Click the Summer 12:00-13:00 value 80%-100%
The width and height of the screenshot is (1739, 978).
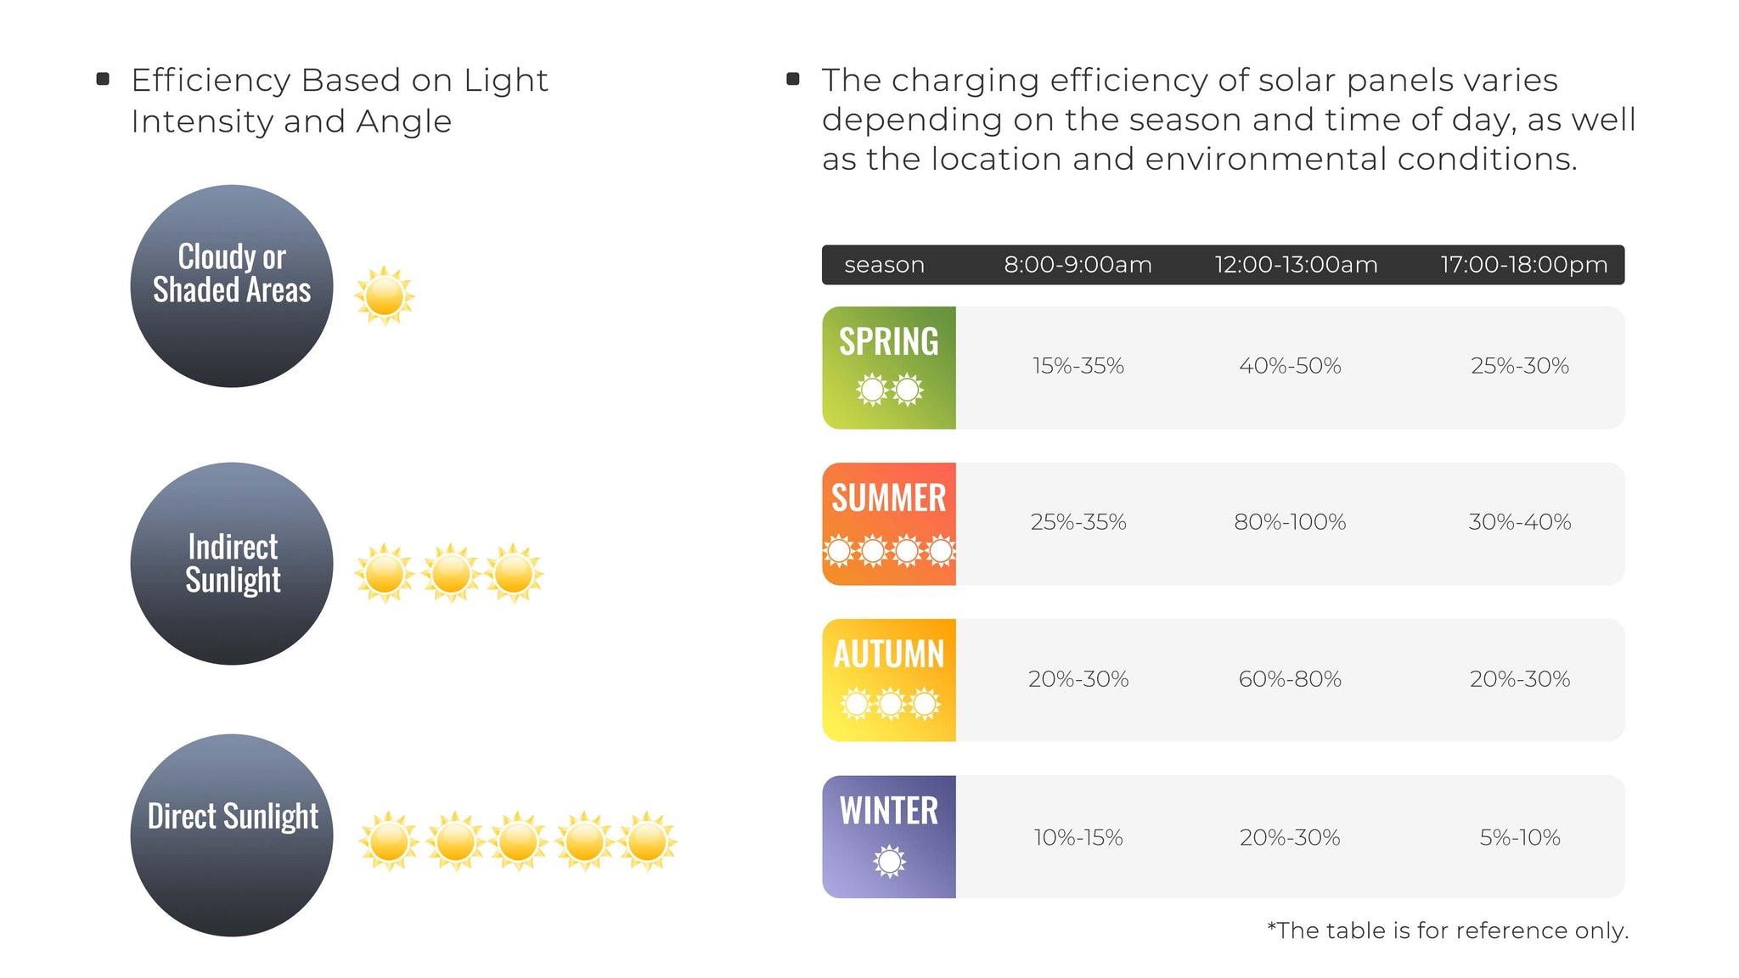1290,522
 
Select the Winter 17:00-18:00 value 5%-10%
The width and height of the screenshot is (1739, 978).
1520,838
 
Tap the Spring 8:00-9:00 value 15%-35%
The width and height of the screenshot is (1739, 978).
1078,366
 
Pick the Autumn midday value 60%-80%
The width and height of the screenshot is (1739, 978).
1290,679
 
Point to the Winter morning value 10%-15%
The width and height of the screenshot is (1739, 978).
1078,838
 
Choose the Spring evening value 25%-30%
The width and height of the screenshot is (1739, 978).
1519,366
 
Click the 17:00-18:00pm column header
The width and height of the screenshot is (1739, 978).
1523,265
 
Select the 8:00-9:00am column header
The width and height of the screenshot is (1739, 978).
1078,265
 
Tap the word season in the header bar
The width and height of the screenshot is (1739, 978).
884,265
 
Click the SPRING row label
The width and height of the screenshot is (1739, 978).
889,341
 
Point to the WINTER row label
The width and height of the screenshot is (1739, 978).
889,811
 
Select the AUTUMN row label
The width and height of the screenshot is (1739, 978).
889,655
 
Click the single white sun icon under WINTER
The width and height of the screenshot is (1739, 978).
889,862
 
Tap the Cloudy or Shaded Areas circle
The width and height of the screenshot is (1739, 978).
232,286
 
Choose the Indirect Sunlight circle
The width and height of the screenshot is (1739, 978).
232,564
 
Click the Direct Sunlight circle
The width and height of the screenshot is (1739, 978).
232,835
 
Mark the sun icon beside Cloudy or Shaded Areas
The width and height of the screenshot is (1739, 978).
384,296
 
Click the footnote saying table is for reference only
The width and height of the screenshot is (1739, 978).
1447,930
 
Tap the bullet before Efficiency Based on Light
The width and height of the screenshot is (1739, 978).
104,79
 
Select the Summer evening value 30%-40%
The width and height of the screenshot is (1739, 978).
1519,522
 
